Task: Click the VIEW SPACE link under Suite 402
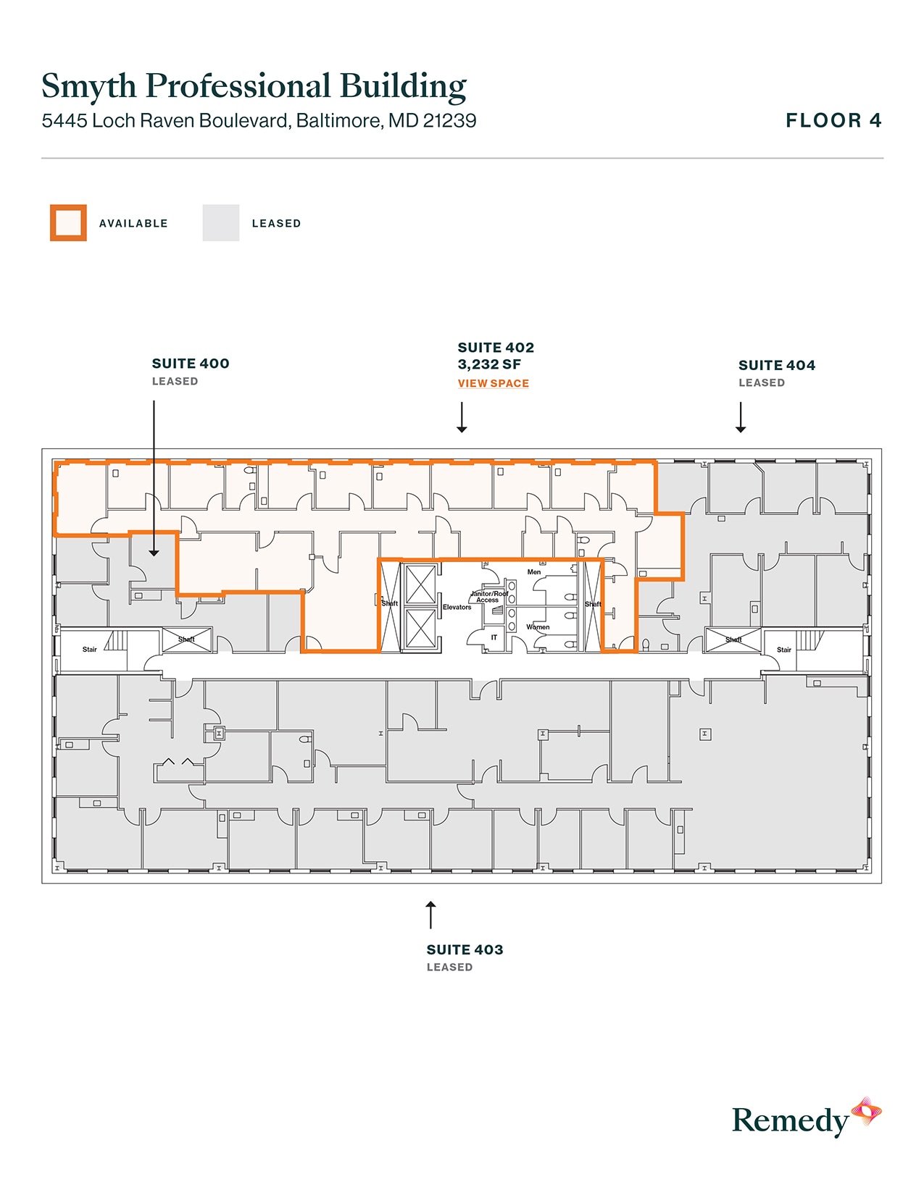pos(493,383)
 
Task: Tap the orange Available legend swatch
pos(68,223)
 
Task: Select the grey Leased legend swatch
pos(221,223)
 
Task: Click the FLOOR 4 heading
pos(833,120)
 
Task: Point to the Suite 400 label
pos(191,364)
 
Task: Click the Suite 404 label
pos(777,365)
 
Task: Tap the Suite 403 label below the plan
pos(465,949)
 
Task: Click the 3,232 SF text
pos(489,364)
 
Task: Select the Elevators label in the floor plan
pos(457,607)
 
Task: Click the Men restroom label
pos(534,572)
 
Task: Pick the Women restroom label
pos(538,627)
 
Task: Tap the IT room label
pos(494,637)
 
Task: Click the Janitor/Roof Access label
pos(489,597)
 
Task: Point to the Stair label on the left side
pos(89,650)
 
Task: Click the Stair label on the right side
pos(784,650)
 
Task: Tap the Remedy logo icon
pos(866,1112)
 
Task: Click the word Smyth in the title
pos(88,86)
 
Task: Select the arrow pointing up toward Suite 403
pos(430,914)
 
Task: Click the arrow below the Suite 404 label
pos(741,418)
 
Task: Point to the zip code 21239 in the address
pos(449,120)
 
